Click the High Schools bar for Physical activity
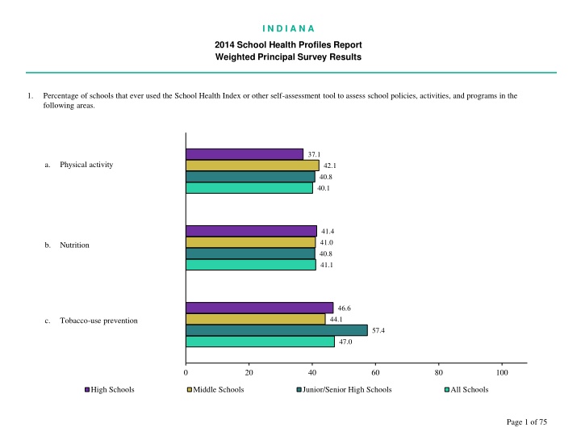(245, 154)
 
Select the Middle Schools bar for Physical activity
(253, 166)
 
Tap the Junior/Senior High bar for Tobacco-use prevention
(277, 330)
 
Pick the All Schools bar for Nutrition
(251, 264)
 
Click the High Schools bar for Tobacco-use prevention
(260, 308)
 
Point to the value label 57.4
(378, 330)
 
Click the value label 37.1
(314, 154)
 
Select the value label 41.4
(328, 232)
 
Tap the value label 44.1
(336, 319)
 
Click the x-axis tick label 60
(375, 372)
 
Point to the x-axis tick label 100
(502, 372)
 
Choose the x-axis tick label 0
(186, 372)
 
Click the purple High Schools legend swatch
(87, 390)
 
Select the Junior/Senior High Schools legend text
(348, 390)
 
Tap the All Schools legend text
(470, 390)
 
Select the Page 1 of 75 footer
(524, 423)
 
